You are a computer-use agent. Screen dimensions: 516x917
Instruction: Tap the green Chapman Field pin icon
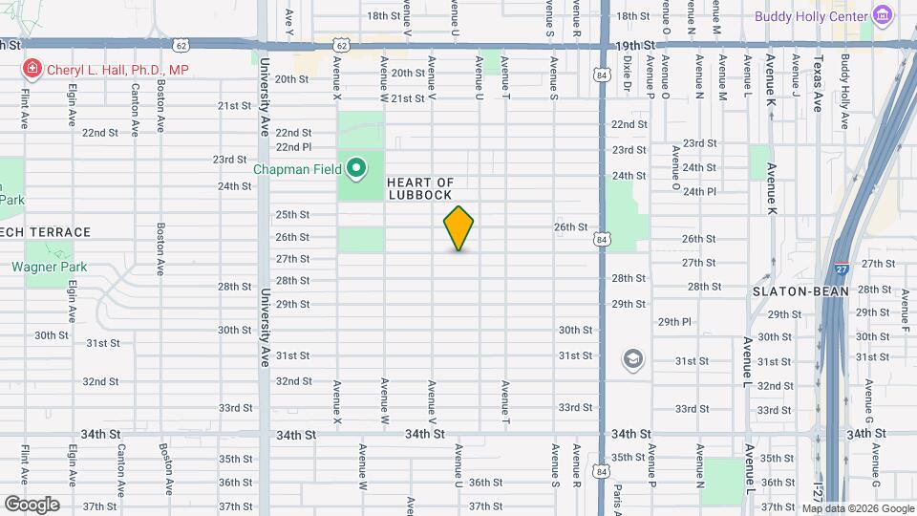(x=356, y=170)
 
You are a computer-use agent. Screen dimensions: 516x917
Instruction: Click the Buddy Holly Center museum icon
(x=883, y=16)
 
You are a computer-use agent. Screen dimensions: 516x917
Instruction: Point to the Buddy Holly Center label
(x=811, y=16)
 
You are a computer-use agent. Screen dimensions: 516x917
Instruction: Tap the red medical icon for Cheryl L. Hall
(x=32, y=69)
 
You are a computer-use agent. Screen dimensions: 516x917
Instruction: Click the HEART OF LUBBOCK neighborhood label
(x=420, y=188)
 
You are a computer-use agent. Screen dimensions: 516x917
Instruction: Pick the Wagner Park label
(x=50, y=267)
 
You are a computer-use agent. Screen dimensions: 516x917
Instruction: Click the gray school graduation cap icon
(x=631, y=360)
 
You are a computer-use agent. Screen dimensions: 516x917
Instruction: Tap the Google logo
(x=32, y=504)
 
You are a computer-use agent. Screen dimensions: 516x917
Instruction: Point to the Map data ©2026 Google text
(x=856, y=508)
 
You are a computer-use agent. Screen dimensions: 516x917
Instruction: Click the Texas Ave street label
(x=818, y=84)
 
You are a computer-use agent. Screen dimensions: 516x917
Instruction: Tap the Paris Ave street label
(x=618, y=492)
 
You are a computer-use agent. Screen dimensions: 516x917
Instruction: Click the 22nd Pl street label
(x=294, y=147)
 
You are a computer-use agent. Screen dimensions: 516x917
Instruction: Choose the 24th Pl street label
(x=699, y=191)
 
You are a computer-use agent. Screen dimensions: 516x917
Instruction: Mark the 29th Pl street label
(x=673, y=322)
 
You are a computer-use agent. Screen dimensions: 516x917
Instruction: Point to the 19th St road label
(x=636, y=45)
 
